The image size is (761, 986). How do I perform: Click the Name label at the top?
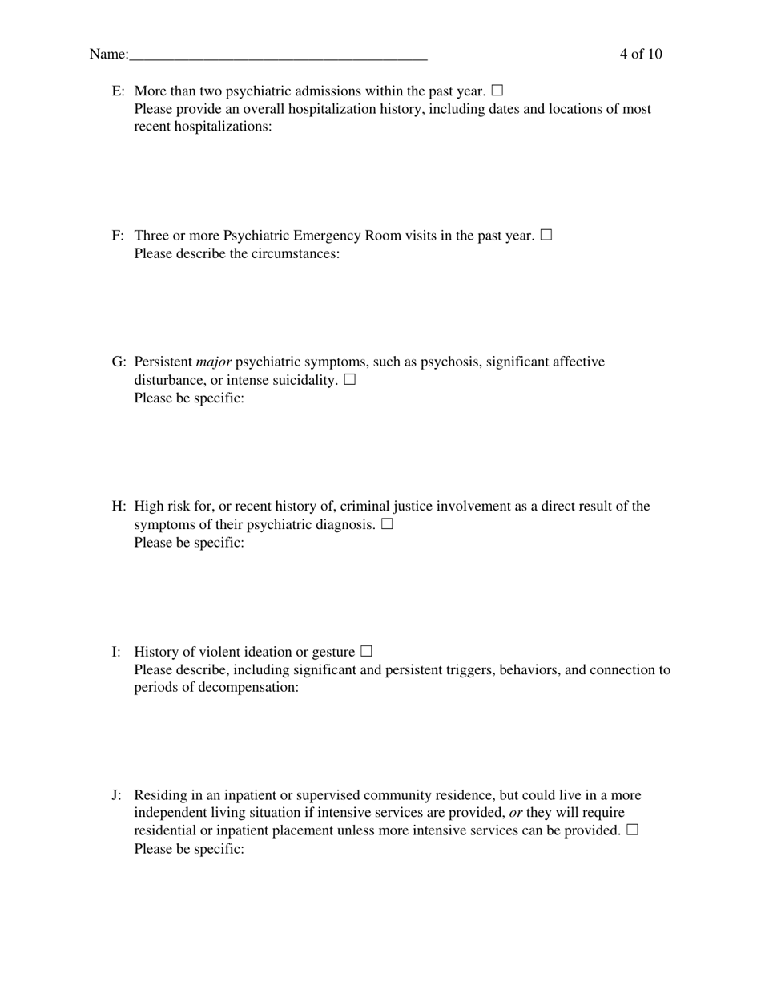(108, 55)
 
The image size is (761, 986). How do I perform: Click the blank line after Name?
(278, 56)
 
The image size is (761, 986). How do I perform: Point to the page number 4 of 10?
(640, 55)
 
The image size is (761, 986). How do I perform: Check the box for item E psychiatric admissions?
(497, 91)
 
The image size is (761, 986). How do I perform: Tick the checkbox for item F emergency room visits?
(546, 235)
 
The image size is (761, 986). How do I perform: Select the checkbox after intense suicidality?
(350, 380)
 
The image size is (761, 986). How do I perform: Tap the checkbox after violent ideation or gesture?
(367, 651)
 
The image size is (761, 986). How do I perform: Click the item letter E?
(119, 91)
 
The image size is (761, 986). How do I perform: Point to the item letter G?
(119, 362)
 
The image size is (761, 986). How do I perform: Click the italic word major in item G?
(213, 362)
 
